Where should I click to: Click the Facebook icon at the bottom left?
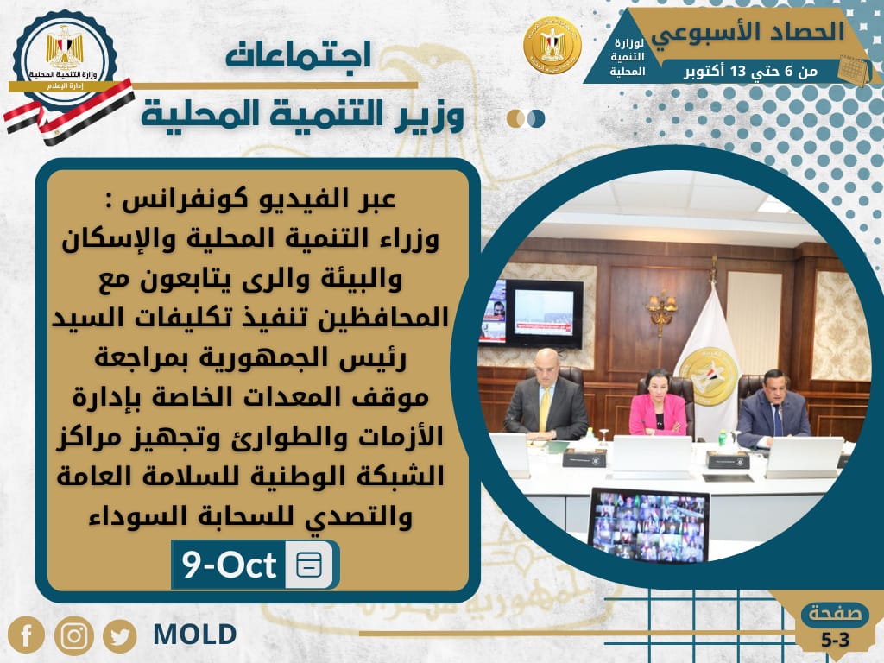coord(27,636)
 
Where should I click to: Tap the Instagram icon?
coord(73,636)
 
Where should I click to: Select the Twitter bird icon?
coord(119,636)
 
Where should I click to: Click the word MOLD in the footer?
coord(194,635)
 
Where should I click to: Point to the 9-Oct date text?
coord(229,565)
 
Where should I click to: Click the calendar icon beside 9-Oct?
coord(308,565)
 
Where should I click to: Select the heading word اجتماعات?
coord(298,56)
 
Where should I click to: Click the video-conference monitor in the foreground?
coord(647,524)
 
